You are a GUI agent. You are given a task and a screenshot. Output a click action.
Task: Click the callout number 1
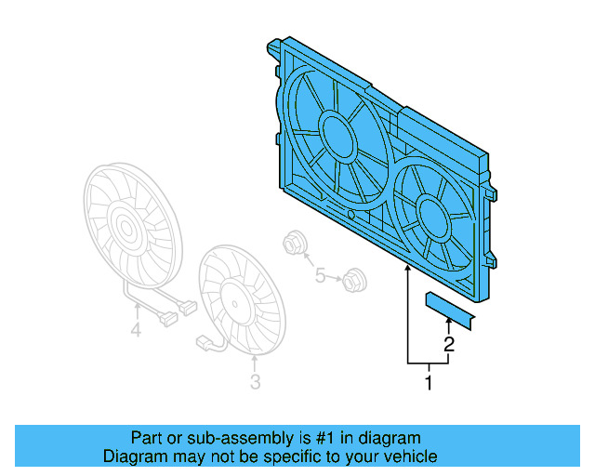[429, 381]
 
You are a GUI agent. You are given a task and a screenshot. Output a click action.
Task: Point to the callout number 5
[320, 276]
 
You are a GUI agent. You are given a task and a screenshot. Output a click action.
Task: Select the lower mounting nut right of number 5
[352, 277]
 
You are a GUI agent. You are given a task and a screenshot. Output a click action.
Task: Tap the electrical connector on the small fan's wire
[204, 344]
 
